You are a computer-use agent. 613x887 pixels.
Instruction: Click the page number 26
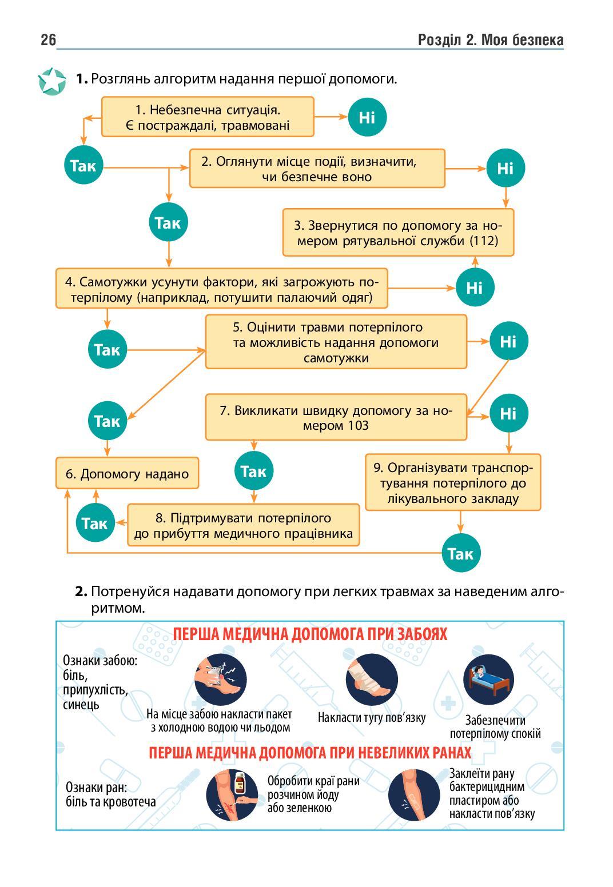pos(48,40)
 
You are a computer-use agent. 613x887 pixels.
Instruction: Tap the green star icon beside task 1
pos(52,81)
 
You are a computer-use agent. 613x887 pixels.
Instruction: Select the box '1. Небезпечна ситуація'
pos(208,117)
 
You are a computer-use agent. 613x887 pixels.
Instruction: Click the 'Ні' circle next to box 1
pos(367,117)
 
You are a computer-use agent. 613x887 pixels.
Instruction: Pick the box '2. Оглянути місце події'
pos(317,168)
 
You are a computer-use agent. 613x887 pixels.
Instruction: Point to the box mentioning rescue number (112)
pos(398,232)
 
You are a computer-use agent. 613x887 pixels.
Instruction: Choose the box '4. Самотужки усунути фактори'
pos(221,289)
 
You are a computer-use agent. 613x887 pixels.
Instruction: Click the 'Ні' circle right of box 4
pos(475,287)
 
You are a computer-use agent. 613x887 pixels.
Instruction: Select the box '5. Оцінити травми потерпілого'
pos(336,342)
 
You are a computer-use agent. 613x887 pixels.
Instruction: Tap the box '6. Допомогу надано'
pos(127,473)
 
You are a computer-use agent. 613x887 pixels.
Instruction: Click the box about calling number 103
pos(336,417)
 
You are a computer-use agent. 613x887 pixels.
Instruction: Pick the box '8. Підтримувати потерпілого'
pos(243,525)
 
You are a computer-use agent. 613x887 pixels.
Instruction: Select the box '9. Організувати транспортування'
pos(453,482)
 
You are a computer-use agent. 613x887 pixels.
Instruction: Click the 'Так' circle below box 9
pos(461,553)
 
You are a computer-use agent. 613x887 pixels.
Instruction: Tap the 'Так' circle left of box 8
pos(95,523)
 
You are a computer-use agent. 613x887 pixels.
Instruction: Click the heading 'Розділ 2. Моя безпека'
pos(490,40)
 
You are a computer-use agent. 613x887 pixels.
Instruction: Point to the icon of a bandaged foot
pos(371,680)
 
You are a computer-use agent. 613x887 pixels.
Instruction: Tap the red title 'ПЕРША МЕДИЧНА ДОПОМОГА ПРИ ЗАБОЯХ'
pos(310,634)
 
